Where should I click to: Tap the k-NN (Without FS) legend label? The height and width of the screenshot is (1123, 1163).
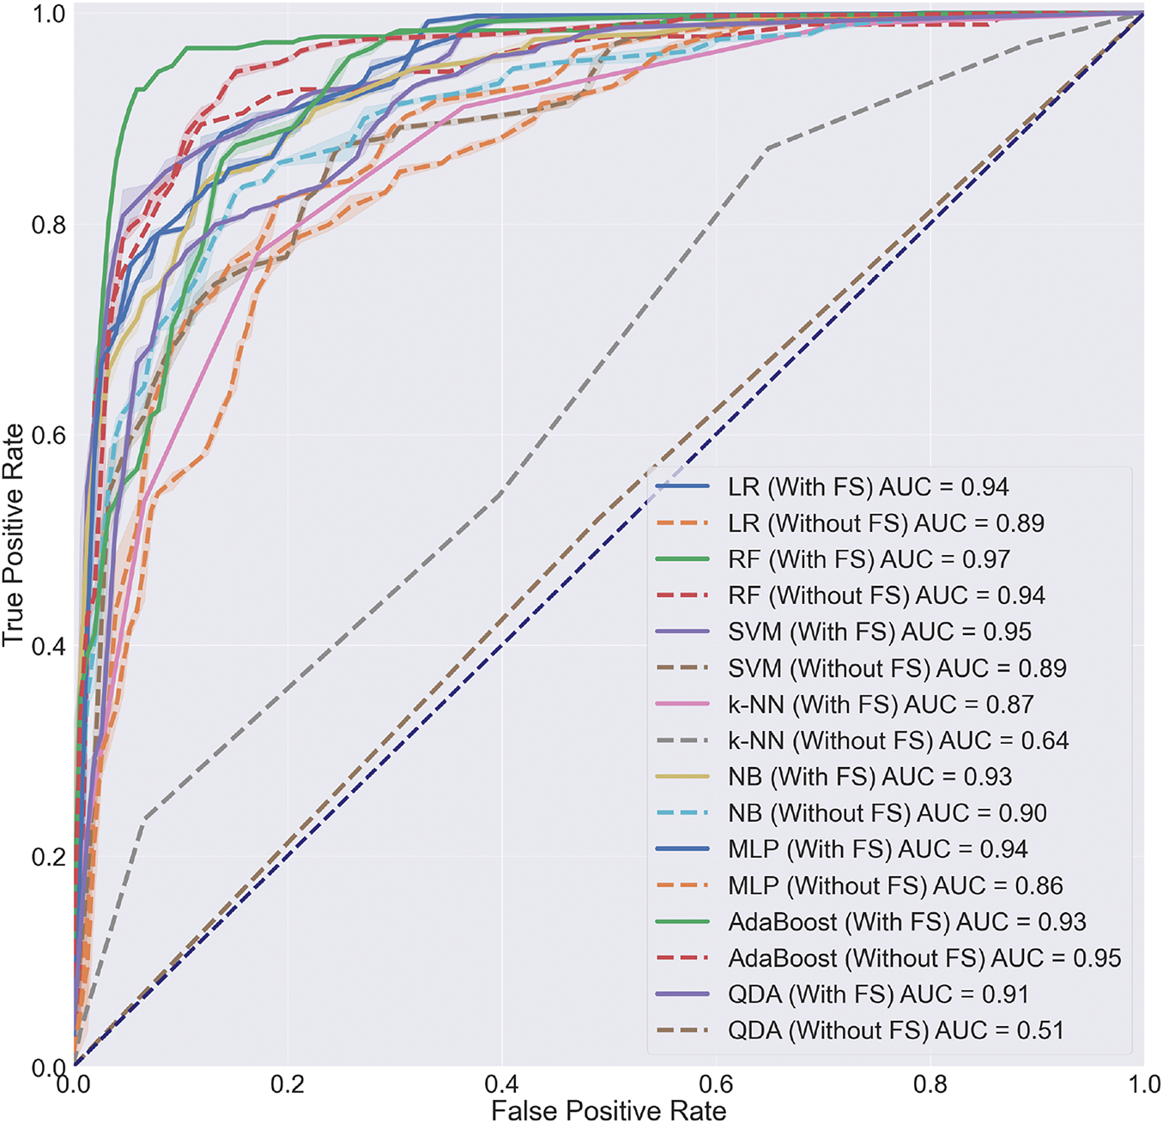pos(898,740)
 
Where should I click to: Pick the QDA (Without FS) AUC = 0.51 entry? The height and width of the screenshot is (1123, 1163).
pos(895,1030)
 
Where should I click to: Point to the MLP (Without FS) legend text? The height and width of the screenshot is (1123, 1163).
pos(895,885)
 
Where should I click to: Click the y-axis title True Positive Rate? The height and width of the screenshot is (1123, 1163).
pos(14,535)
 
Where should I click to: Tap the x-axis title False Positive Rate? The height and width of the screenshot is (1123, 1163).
pos(609,1111)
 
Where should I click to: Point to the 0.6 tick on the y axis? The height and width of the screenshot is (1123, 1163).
pos(48,435)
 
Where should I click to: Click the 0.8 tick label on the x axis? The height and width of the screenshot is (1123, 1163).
pos(930,1084)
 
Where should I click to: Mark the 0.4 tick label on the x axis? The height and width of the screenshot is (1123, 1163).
pos(502,1084)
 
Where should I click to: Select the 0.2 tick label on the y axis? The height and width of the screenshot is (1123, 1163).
pos(48,857)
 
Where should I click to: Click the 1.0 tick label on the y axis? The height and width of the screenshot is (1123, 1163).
pos(48,15)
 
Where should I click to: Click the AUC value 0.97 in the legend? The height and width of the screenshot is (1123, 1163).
pos(984,559)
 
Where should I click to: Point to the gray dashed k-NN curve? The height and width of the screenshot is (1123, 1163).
pos(601,343)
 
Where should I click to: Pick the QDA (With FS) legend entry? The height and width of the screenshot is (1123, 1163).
pos(878,994)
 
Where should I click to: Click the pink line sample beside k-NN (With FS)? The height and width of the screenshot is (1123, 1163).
pos(682,704)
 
